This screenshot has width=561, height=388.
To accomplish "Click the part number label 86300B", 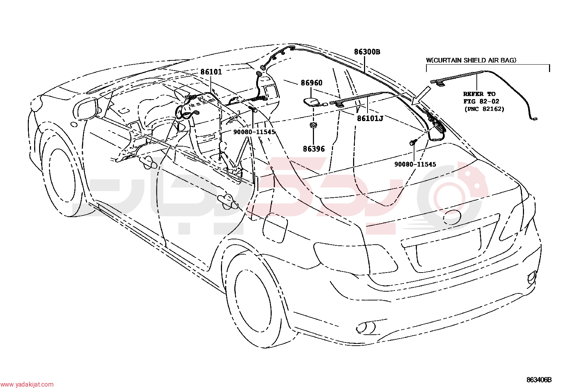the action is click(367, 52).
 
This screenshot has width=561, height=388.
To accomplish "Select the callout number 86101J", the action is click(370, 118).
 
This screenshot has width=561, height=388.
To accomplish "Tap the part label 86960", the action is click(312, 83).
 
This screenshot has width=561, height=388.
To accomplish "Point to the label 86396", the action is click(314, 149).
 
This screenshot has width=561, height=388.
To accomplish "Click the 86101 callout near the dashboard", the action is click(211, 72).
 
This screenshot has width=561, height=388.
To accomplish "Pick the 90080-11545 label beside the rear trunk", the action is click(415, 164).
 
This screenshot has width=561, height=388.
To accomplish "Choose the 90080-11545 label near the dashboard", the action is click(254, 132).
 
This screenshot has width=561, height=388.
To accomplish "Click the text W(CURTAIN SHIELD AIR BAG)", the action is click(471, 60).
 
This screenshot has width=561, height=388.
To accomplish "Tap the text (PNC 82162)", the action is click(484, 109).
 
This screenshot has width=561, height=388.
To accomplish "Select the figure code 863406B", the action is click(539, 380).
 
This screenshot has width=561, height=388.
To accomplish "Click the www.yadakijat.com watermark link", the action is click(27, 384).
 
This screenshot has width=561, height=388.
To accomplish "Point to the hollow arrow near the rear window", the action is click(421, 95).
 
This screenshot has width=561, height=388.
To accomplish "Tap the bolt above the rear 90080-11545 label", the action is click(413, 142).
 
